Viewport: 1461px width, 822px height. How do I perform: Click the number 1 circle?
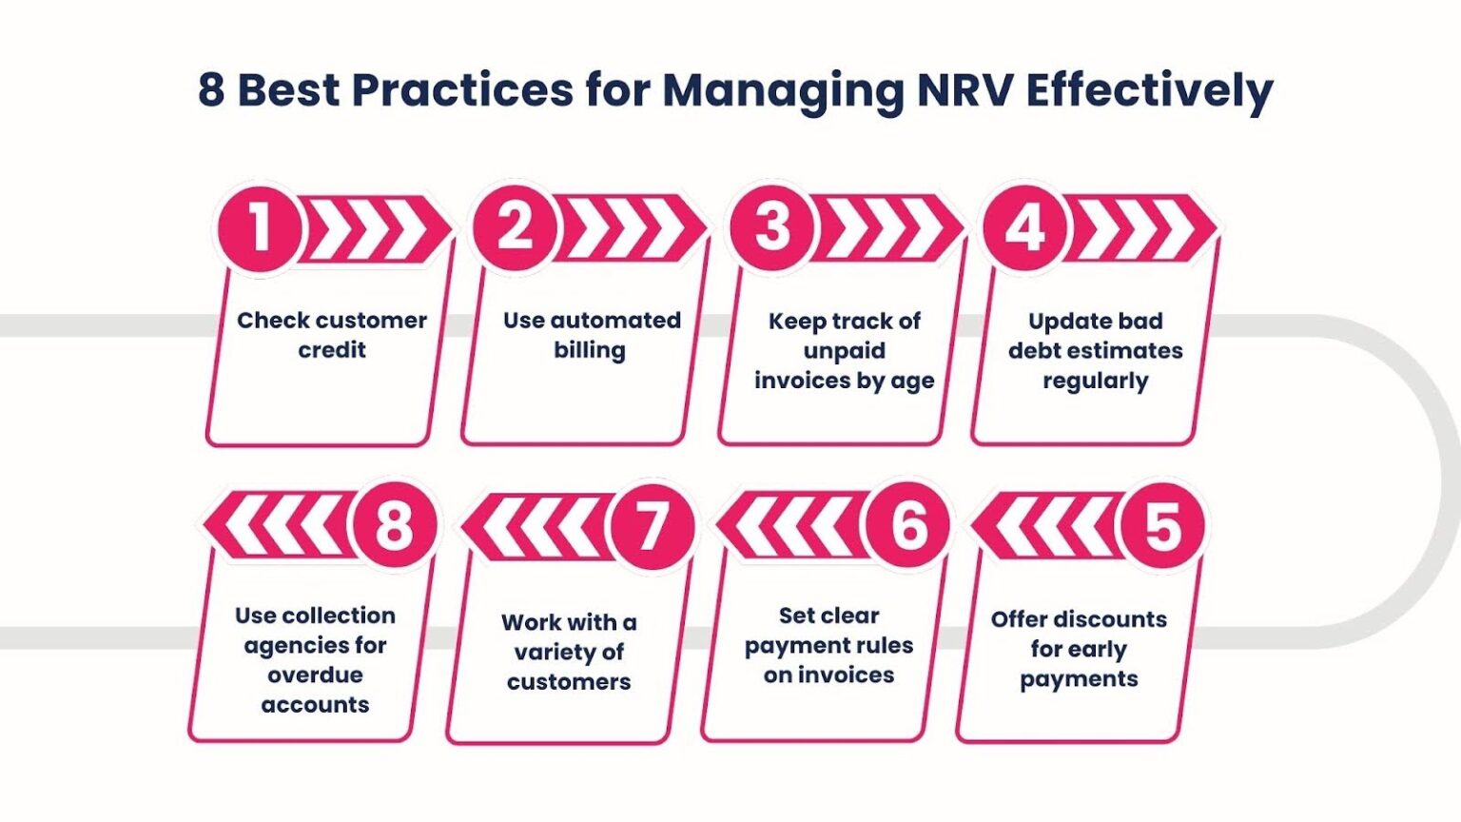point(261,228)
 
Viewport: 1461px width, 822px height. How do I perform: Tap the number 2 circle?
point(516,228)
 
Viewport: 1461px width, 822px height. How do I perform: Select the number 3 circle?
point(772,228)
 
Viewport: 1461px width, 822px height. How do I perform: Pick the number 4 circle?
point(1025,228)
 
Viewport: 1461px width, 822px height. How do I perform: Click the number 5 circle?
point(1163,526)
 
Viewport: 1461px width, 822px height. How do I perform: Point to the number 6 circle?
point(907,526)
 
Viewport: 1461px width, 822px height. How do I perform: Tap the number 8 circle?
point(396,526)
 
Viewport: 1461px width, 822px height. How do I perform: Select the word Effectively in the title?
point(1150,92)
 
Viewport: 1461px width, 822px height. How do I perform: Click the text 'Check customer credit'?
point(332,335)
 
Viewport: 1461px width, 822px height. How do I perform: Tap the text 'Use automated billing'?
point(592,335)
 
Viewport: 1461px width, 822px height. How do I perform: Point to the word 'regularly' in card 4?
point(1096,381)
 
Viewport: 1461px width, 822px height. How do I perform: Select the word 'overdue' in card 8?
point(315,675)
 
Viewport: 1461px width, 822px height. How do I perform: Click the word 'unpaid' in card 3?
point(845,351)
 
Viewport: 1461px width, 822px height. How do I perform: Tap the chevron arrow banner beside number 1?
point(375,229)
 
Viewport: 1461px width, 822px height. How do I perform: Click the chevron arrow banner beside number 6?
point(792,526)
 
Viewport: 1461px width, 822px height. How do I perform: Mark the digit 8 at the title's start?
point(211,90)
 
